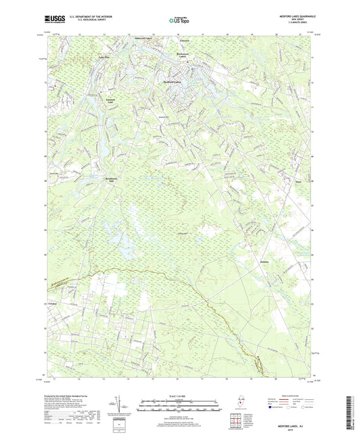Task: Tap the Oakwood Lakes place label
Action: pyautogui.click(x=145, y=39)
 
